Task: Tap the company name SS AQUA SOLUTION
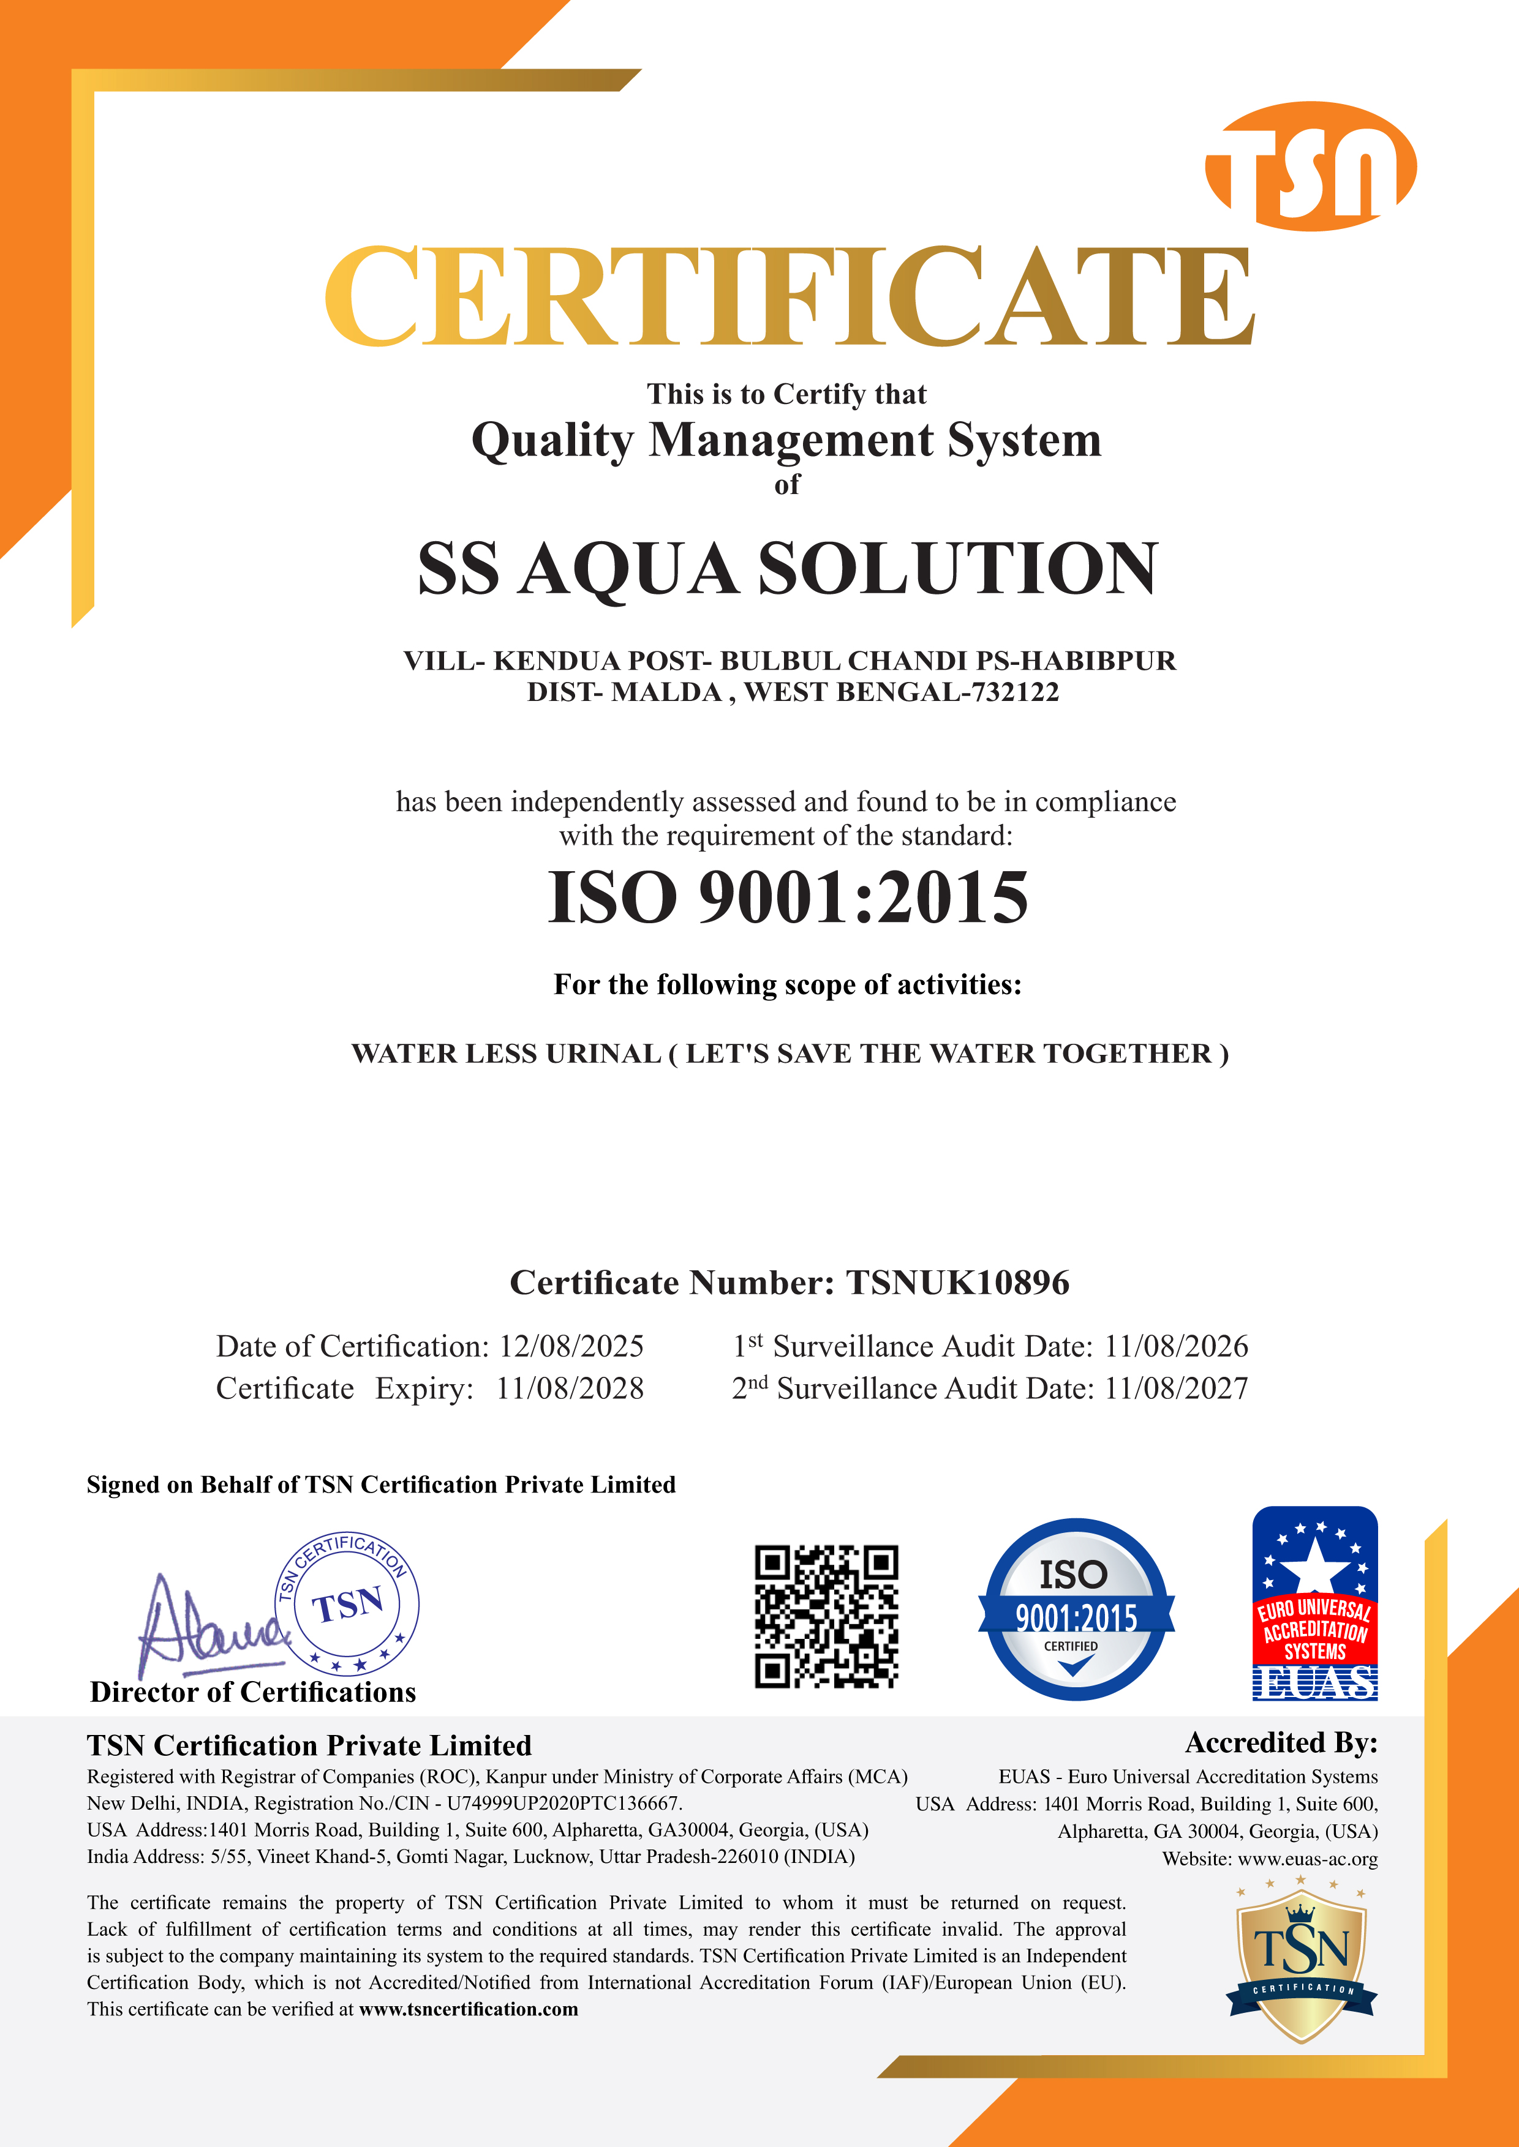point(788,569)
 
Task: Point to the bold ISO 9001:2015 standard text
point(788,897)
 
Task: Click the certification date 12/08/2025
point(571,1347)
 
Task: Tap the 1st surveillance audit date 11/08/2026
point(1176,1347)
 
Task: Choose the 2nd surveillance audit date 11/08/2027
point(1176,1388)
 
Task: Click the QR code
point(826,1617)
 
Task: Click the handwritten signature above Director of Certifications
point(211,1627)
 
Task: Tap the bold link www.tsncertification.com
point(469,2009)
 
